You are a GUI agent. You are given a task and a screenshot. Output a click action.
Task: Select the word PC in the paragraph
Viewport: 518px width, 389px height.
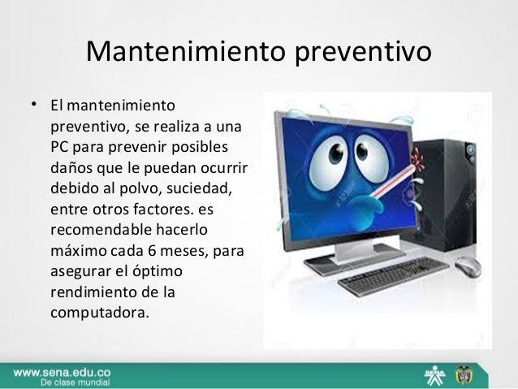pyautogui.click(x=61, y=148)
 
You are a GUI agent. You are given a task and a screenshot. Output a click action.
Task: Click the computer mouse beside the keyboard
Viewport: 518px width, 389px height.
pyautogui.click(x=468, y=267)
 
